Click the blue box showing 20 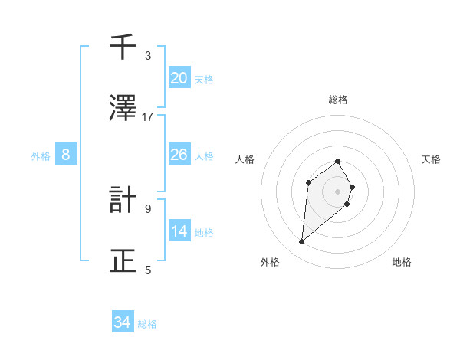[x=179, y=78]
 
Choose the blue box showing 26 [x=179, y=155]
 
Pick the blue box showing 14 [x=179, y=231]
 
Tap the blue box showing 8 [x=66, y=155]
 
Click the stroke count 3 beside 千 [x=148, y=56]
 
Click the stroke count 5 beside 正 [x=148, y=270]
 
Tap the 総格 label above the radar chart [x=338, y=100]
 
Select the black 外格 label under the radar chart [x=270, y=263]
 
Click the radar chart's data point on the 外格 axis [x=301, y=242]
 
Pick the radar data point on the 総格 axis [x=338, y=161]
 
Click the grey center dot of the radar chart [x=338, y=191]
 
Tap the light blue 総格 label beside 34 [x=147, y=324]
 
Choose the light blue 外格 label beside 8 [x=41, y=156]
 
